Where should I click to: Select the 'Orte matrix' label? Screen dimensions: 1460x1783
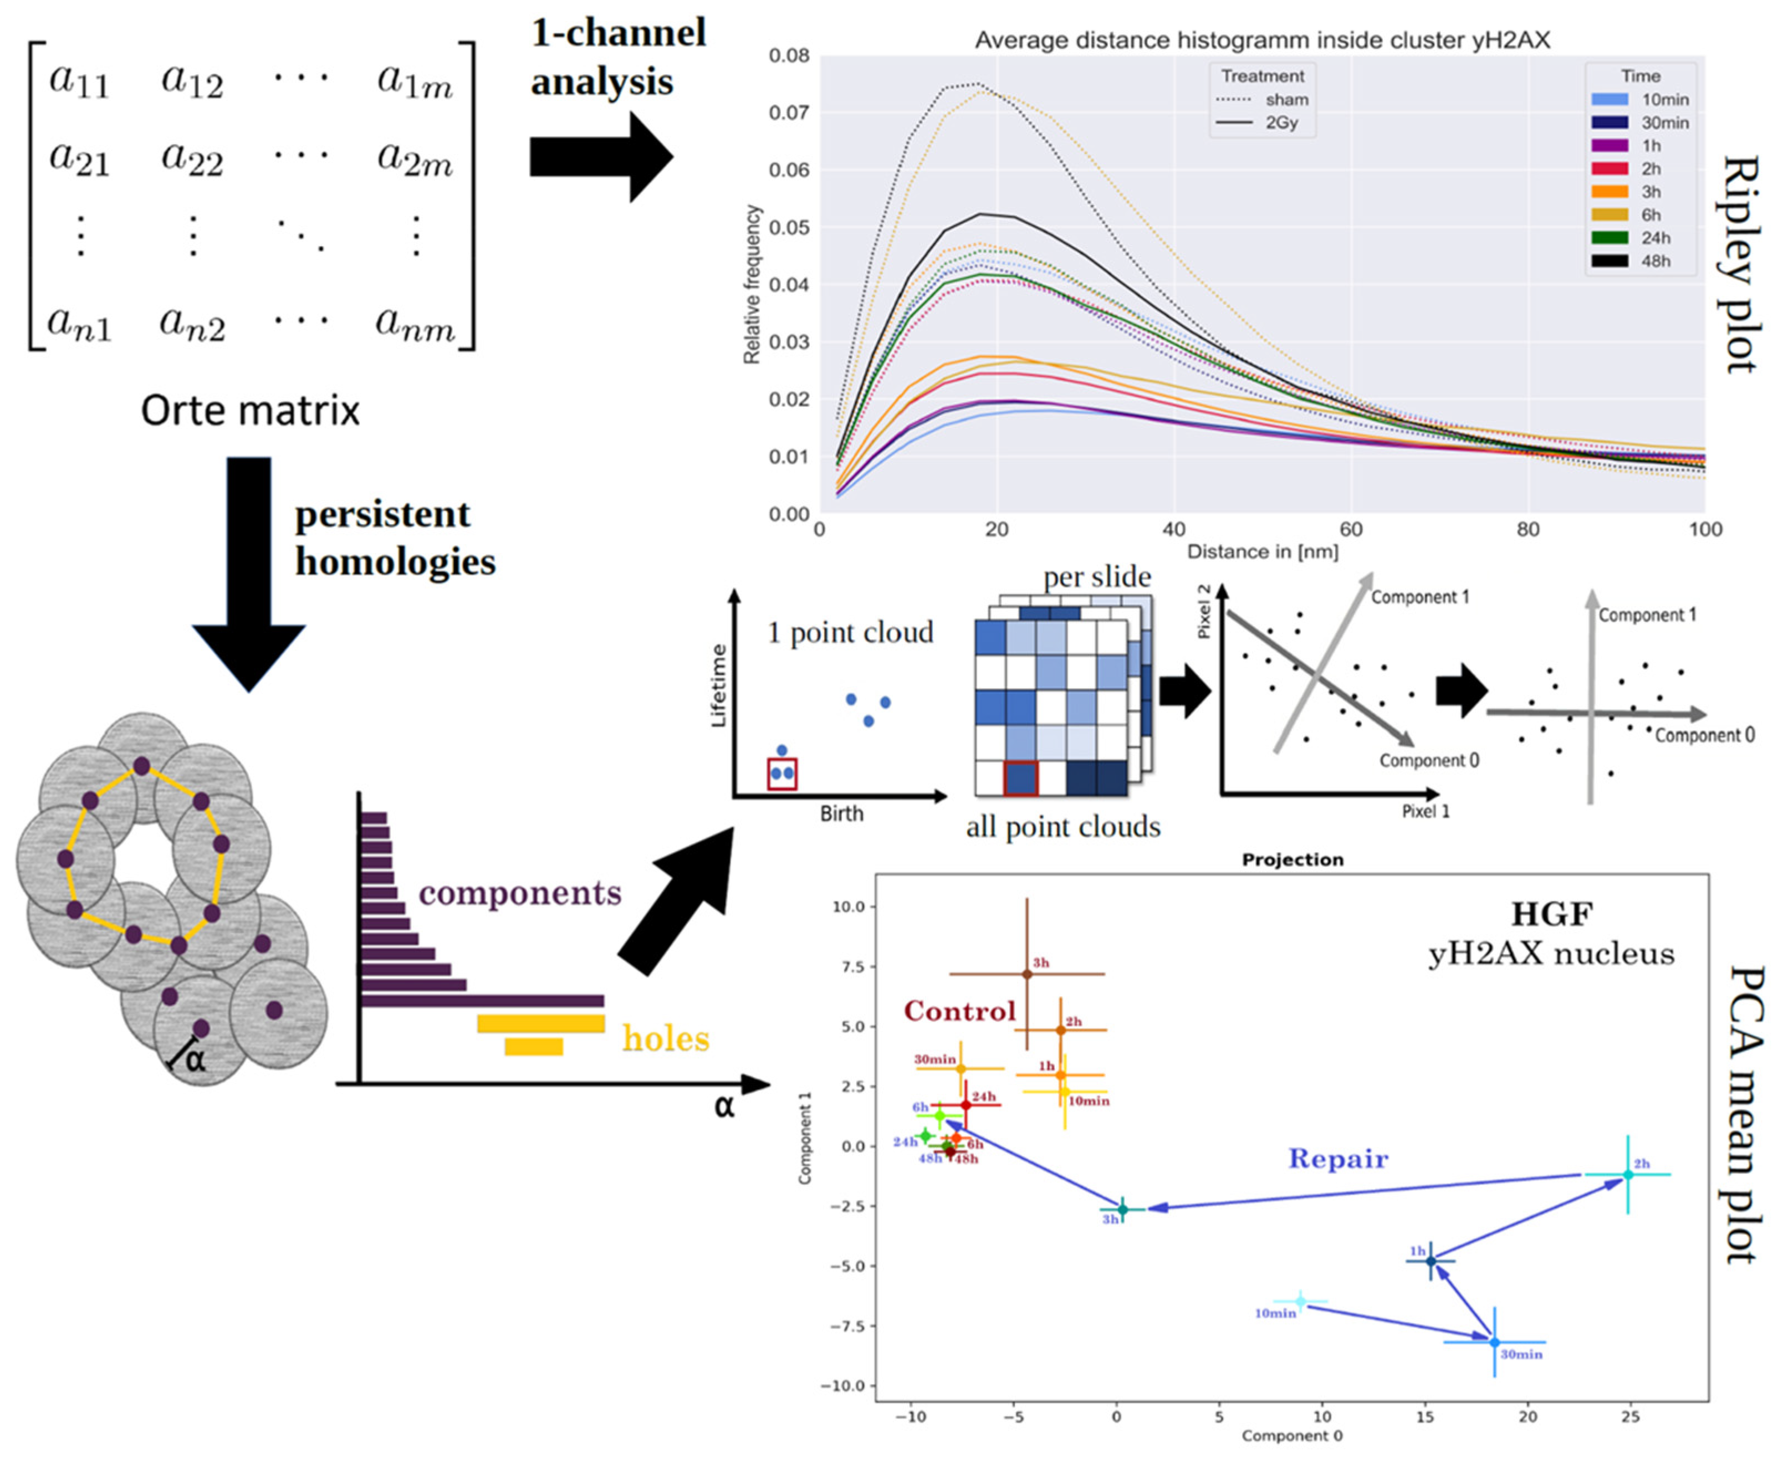(x=250, y=411)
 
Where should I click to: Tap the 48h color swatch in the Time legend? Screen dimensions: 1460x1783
(x=1609, y=262)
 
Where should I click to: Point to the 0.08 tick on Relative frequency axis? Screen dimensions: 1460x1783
(x=788, y=57)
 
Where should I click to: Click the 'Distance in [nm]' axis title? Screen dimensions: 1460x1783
(x=1261, y=552)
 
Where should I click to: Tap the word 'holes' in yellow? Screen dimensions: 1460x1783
(x=665, y=1039)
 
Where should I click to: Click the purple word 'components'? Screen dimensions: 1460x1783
(x=520, y=893)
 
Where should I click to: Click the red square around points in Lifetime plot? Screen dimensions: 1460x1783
(x=782, y=773)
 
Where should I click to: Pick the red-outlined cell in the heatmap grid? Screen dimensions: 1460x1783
(x=1021, y=778)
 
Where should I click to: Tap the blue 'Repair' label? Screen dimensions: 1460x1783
(x=1337, y=1159)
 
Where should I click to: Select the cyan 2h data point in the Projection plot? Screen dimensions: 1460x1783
(x=1627, y=1175)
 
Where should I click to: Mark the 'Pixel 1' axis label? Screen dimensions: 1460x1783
(x=1426, y=812)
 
